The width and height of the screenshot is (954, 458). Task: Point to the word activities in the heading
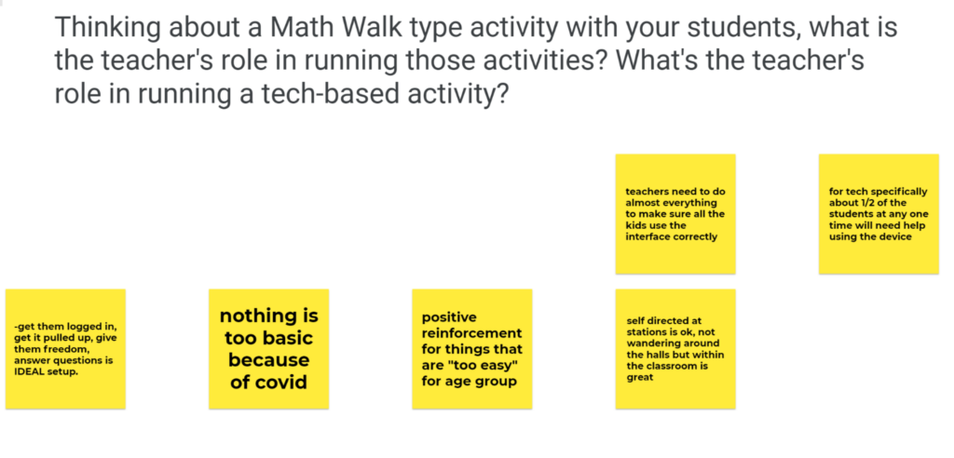pos(514,61)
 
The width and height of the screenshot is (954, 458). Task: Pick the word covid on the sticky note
pos(269,383)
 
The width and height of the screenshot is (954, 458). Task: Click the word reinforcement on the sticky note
pos(471,333)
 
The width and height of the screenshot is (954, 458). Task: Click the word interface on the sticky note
pos(648,237)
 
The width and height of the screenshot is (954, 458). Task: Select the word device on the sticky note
pos(895,237)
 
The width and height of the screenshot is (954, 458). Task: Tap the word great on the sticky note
pos(639,378)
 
